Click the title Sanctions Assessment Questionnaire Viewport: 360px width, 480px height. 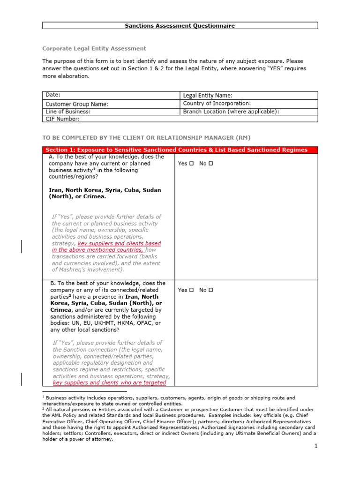click(180, 26)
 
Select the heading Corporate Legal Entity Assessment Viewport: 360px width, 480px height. click(94, 48)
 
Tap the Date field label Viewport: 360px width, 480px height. click(53, 95)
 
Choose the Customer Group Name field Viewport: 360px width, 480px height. click(77, 104)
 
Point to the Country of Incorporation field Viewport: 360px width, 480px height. click(217, 104)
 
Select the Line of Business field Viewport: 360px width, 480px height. click(68, 112)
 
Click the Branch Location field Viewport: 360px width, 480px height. click(231, 112)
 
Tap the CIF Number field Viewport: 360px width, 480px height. click(62, 119)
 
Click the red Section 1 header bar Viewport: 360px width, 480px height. click(180, 150)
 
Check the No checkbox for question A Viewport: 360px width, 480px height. click(211, 164)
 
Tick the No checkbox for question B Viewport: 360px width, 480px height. click(211, 290)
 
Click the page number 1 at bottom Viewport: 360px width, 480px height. click(316, 446)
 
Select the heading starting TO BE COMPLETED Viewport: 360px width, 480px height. click(146, 137)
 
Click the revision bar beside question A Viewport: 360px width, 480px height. click(21, 247)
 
